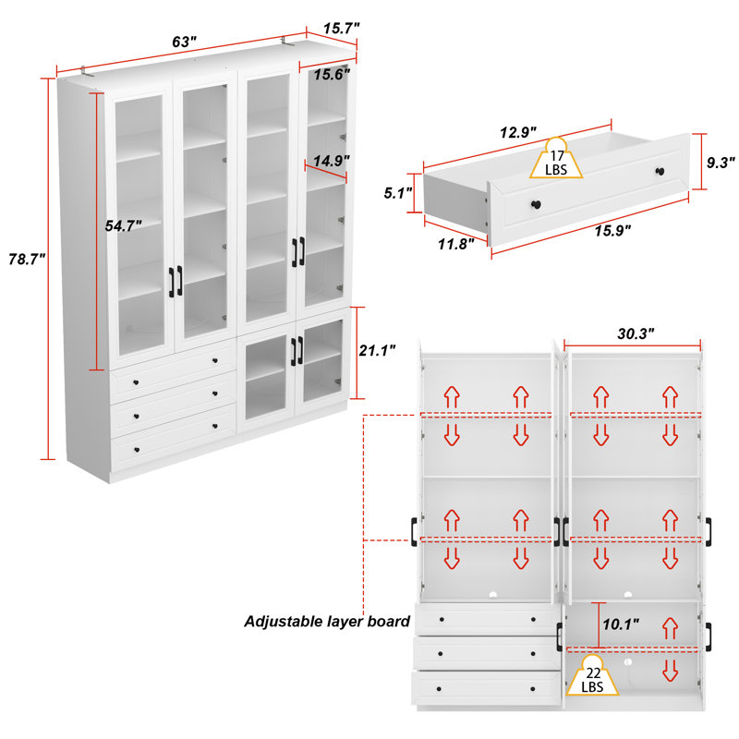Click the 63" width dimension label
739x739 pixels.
coord(184,42)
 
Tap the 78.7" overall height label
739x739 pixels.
coord(27,259)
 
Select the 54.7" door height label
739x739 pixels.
coord(123,225)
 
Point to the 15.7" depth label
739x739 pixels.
coord(341,29)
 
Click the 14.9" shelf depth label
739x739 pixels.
coord(332,161)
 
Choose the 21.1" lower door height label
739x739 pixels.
coord(377,350)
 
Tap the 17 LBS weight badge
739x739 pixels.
coord(556,159)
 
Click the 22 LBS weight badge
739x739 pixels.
coord(592,676)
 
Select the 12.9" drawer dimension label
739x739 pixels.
coord(518,132)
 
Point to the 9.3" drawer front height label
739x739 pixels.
coord(721,163)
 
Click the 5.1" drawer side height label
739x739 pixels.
coord(398,193)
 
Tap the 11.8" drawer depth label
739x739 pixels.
coord(455,244)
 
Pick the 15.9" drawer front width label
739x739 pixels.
coord(612,231)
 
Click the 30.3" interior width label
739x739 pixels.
coord(636,333)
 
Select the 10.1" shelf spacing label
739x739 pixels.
coord(621,624)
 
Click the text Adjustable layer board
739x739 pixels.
coord(327,622)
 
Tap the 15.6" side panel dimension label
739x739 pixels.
coord(332,75)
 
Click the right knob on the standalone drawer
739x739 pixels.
coord(660,172)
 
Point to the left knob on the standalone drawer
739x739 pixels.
coord(537,204)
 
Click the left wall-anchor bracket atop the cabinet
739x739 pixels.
coord(85,71)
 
